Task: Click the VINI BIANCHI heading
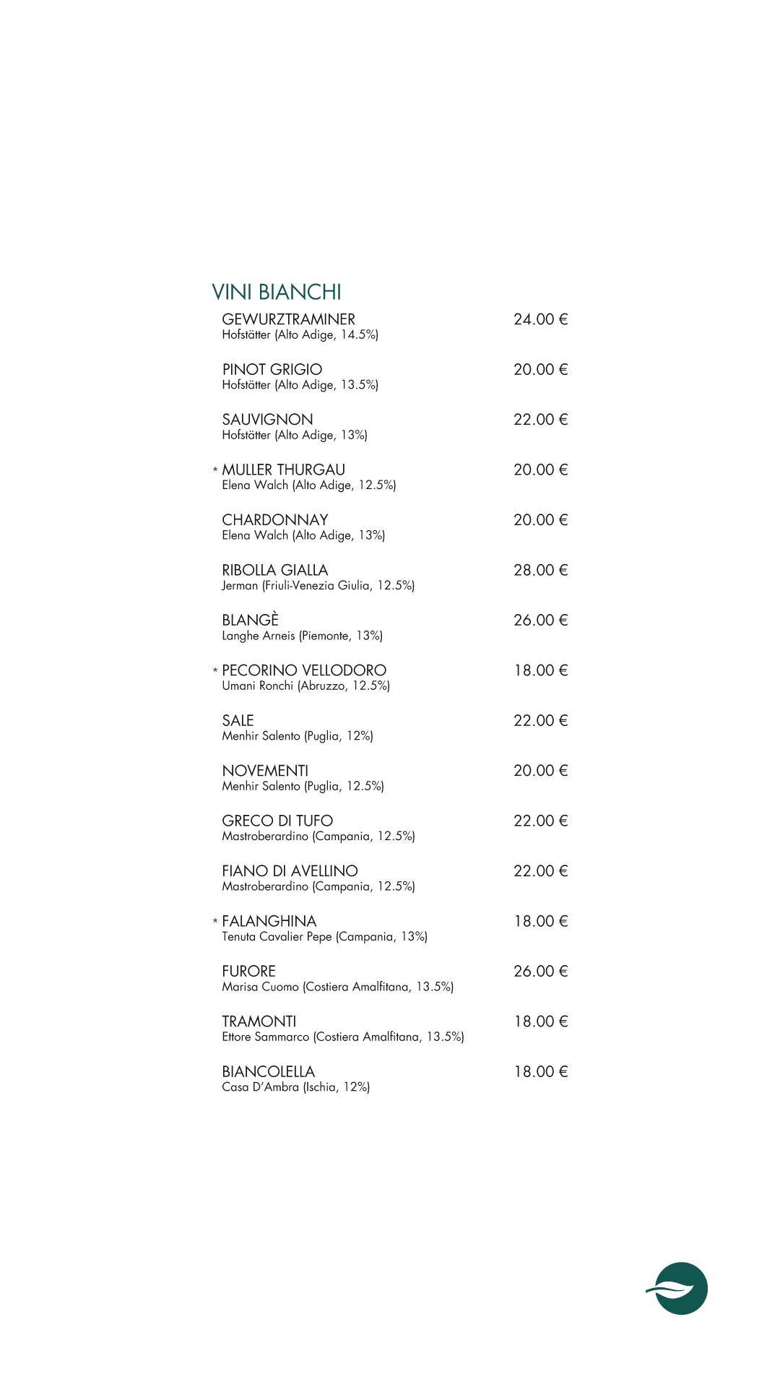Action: pyautogui.click(x=276, y=292)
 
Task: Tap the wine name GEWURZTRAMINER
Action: pyautogui.click(x=288, y=319)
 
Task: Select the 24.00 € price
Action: pyautogui.click(x=540, y=319)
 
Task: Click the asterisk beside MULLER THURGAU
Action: pyautogui.click(x=215, y=470)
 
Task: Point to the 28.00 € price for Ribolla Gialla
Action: pyautogui.click(x=540, y=570)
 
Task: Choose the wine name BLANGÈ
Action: pyautogui.click(x=250, y=620)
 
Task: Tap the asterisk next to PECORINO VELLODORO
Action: pyautogui.click(x=215, y=671)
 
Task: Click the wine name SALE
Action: pyautogui.click(x=238, y=720)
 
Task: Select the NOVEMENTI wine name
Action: pyautogui.click(x=264, y=771)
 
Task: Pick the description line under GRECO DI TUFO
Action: pyautogui.click(x=318, y=837)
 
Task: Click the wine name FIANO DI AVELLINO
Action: pyautogui.click(x=290, y=871)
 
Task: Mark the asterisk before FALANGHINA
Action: pyautogui.click(x=215, y=922)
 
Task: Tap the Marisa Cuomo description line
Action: pyautogui.click(x=337, y=987)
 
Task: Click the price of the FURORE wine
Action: pyautogui.click(x=540, y=971)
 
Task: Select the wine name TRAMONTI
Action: pyautogui.click(x=259, y=1021)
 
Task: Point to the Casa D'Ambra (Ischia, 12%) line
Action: pyautogui.click(x=295, y=1087)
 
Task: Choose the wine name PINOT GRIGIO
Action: pyautogui.click(x=272, y=369)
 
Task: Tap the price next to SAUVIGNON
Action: pyautogui.click(x=540, y=420)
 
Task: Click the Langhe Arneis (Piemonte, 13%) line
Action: pyautogui.click(x=302, y=636)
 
